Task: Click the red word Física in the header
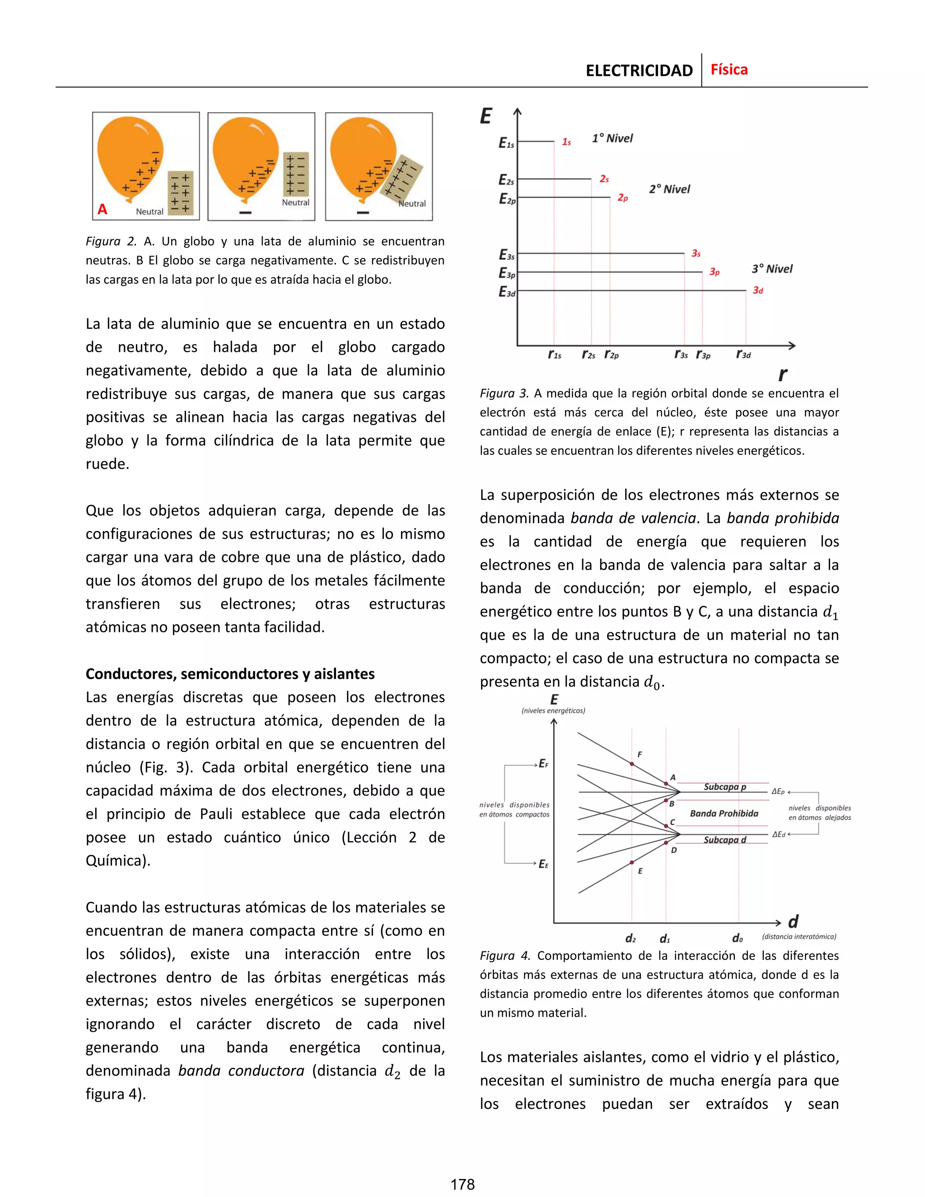(729, 70)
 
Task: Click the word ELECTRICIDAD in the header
(639, 71)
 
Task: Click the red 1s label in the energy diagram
(567, 142)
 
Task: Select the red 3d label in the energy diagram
(758, 290)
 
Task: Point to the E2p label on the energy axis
(507, 199)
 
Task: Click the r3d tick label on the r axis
(743, 355)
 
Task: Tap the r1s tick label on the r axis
(555, 355)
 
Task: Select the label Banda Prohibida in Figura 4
(724, 814)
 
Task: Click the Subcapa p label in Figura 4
(724, 786)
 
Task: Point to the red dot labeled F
(632, 763)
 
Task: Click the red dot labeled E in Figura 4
(632, 862)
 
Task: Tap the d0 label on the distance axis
(738, 938)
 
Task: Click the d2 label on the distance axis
(631, 938)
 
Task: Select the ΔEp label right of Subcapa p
(778, 791)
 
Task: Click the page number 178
(462, 1184)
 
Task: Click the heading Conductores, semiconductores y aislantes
(230, 673)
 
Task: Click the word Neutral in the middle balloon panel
(295, 202)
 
